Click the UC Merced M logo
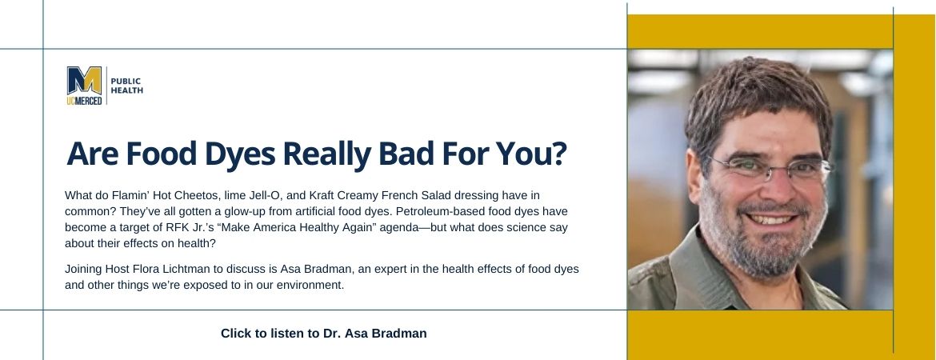click(x=84, y=86)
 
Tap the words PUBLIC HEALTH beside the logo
click(x=126, y=86)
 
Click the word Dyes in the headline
click(x=239, y=154)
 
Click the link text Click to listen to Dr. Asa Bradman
click(x=323, y=333)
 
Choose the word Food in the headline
click(x=161, y=154)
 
